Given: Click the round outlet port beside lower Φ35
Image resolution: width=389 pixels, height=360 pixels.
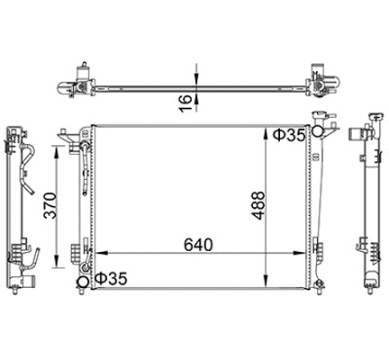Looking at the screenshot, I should click(x=83, y=284).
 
